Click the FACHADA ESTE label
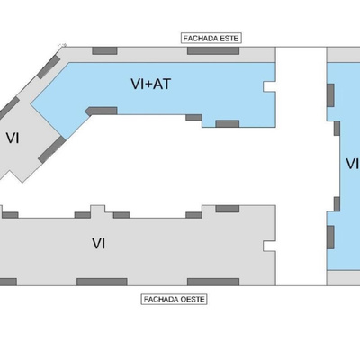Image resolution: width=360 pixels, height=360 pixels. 211,39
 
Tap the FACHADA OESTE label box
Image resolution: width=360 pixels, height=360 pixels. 174,299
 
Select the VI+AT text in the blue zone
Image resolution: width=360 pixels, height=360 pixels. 151,84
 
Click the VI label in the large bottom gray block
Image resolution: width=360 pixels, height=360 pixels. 99,243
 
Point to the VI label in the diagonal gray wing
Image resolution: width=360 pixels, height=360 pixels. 13,139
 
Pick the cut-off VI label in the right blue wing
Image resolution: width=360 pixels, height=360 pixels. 353,164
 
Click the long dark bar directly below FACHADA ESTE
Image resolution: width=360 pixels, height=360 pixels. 213,50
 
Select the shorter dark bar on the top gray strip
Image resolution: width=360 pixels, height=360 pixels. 104,50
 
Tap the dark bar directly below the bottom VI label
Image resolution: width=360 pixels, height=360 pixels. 102,282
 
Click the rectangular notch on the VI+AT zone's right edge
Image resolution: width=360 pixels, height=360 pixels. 269,86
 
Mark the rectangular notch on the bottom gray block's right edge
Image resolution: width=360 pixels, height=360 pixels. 269,246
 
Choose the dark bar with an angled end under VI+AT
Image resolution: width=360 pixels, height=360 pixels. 101,111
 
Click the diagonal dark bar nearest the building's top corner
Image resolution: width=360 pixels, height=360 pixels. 49,67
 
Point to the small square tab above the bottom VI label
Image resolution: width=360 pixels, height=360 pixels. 98,210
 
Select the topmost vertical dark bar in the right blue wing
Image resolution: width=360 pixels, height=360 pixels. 330,95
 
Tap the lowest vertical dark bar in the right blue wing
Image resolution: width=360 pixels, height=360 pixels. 330,238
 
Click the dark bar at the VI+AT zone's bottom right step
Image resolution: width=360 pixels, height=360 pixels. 228,123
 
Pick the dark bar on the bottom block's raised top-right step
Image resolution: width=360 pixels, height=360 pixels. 228,209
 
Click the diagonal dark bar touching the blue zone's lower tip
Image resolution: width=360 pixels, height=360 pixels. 51,149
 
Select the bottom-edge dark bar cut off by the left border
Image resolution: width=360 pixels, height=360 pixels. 8,282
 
